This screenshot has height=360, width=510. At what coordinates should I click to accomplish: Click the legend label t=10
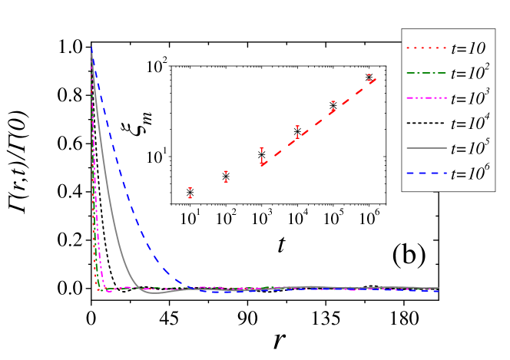468,48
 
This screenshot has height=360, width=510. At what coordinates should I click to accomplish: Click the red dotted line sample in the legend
426,48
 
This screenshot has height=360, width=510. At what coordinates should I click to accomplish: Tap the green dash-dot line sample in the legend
426,74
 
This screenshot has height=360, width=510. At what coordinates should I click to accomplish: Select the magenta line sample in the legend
426,99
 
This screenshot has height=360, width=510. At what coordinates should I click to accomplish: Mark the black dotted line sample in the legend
426,124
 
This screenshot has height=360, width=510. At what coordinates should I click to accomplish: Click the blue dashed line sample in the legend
426,173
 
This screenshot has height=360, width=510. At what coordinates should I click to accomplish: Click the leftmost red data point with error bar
190,194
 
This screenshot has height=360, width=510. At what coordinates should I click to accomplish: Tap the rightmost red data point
369,78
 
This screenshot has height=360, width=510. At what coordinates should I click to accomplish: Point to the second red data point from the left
226,177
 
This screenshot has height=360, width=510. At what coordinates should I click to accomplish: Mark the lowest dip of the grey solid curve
154,293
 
